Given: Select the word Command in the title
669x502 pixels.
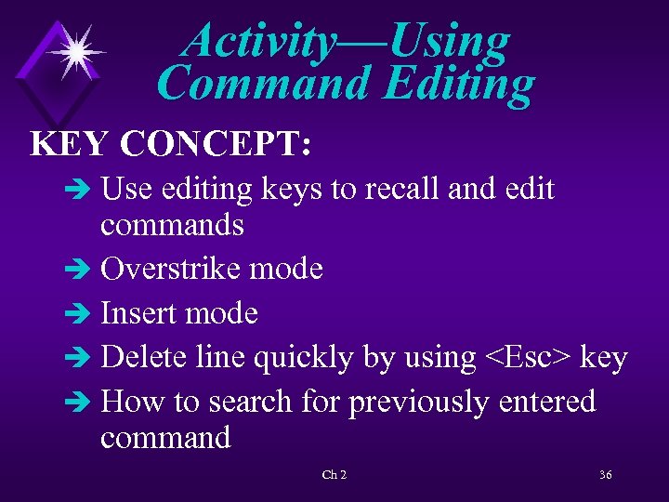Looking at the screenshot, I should (x=264, y=83).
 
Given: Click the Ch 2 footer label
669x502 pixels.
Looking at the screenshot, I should (x=334, y=475).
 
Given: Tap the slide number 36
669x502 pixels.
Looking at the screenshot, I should (x=605, y=475).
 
